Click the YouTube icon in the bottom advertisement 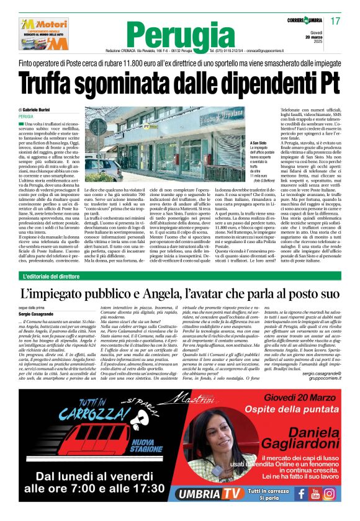point(315,494)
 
